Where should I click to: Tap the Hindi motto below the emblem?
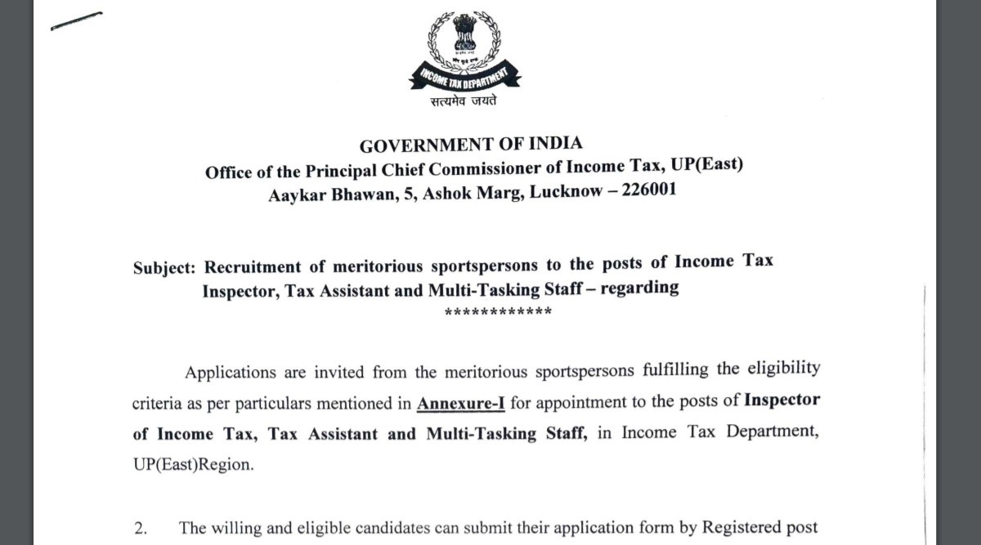464,102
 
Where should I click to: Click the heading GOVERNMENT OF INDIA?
471,145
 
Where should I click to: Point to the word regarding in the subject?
639,288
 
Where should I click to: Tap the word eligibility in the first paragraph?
782,369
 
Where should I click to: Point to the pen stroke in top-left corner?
76,20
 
